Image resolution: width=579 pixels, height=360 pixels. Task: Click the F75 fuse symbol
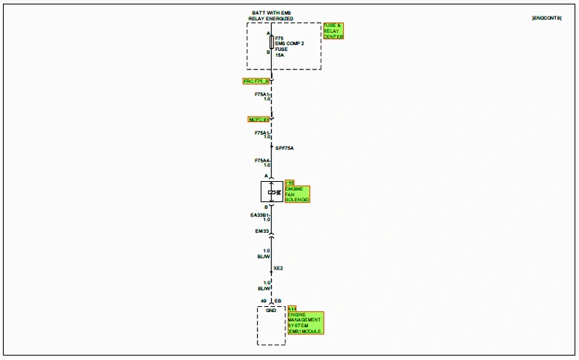271,42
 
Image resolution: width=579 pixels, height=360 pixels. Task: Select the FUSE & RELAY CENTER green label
333,31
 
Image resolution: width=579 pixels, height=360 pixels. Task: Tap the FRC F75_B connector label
256,81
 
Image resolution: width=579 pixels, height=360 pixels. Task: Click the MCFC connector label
258,120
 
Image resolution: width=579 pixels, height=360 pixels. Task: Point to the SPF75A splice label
285,148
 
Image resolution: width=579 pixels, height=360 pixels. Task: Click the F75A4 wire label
261,162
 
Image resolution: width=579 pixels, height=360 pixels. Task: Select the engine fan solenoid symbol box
271,192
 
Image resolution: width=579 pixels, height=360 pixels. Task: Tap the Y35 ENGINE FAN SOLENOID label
297,192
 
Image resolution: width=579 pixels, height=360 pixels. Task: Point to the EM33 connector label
261,231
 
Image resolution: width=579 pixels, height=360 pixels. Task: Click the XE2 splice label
278,268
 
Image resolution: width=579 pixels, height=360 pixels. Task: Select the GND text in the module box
271,309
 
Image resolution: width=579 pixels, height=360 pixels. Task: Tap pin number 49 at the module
264,301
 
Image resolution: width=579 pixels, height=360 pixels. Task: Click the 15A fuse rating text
279,55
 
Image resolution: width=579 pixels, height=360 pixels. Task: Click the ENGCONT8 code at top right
546,16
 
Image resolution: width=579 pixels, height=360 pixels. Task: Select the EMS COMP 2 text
289,43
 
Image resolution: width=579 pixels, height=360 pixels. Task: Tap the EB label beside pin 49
278,301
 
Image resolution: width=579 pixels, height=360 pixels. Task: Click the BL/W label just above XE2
264,257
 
